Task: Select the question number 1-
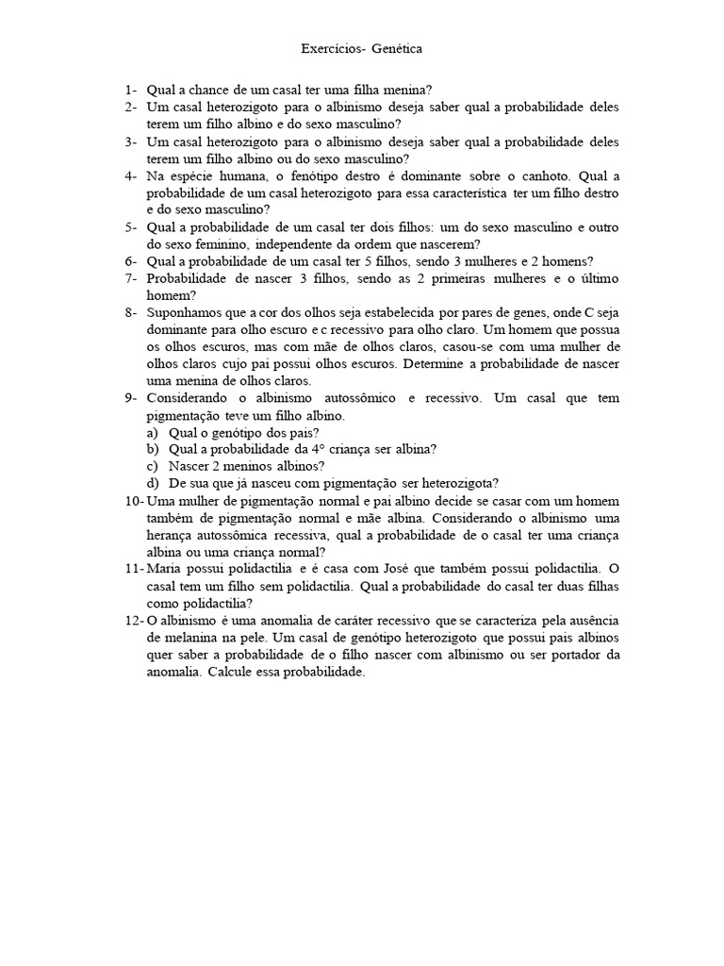pos(131,90)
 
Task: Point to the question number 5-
pos(131,227)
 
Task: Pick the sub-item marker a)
pos(153,431)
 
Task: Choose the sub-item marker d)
pos(153,482)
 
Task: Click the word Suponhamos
pos(186,312)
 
